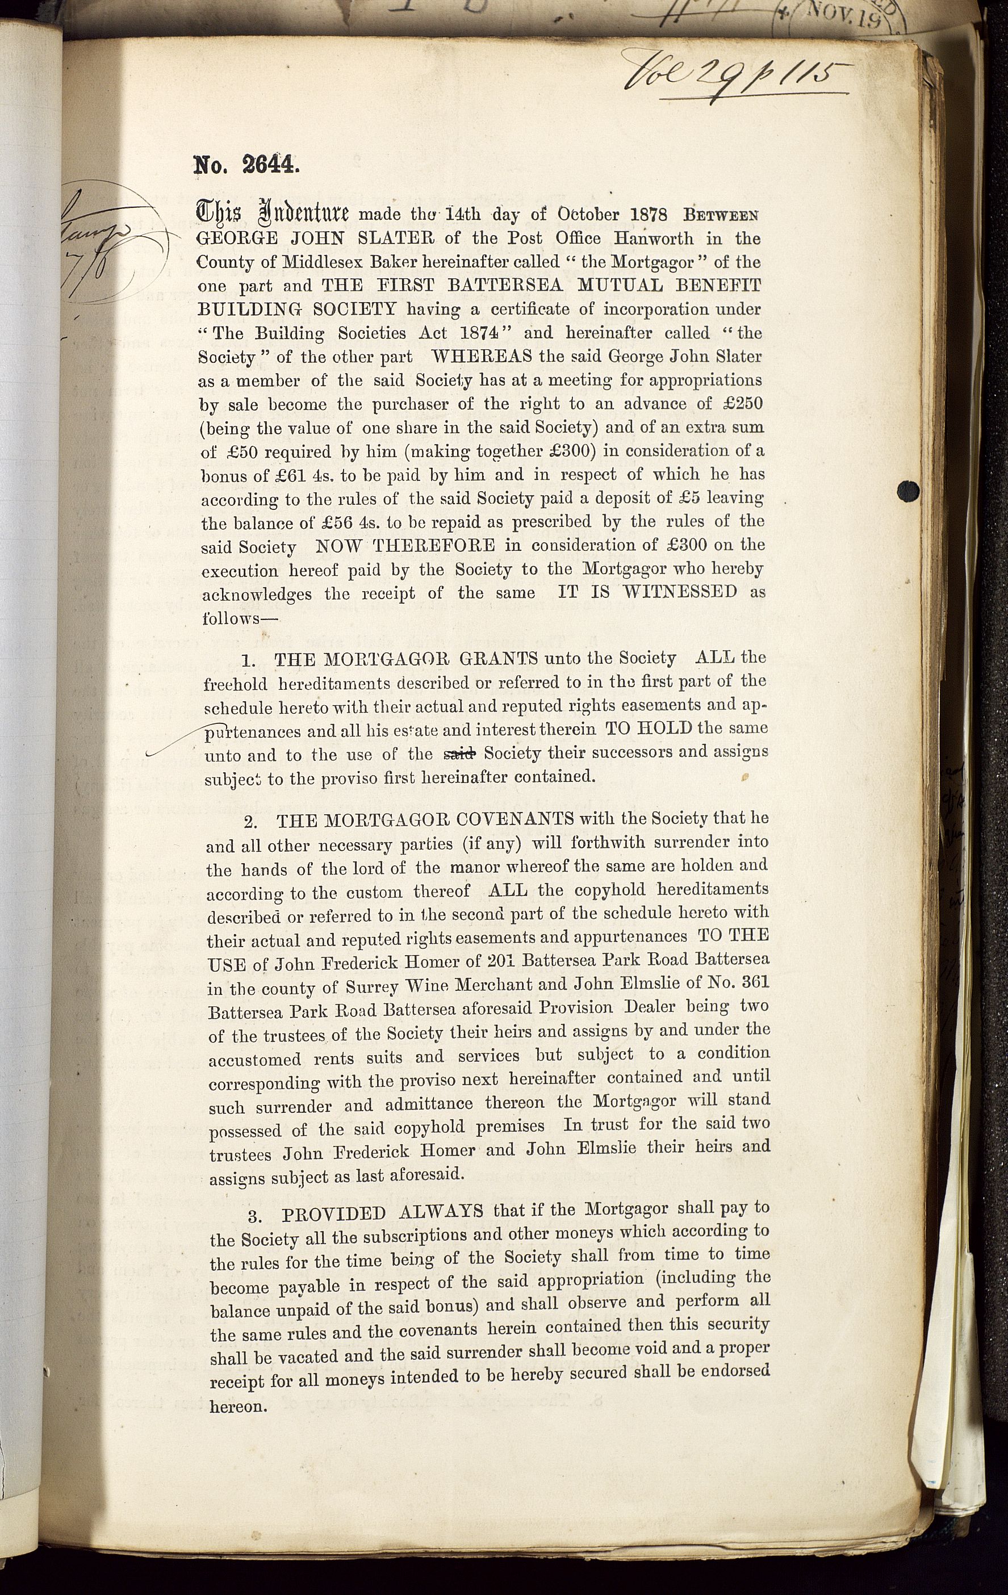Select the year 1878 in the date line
pos(645,214)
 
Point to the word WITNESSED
pos(680,592)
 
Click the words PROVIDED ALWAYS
pos(382,1213)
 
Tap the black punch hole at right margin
pos(909,491)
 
